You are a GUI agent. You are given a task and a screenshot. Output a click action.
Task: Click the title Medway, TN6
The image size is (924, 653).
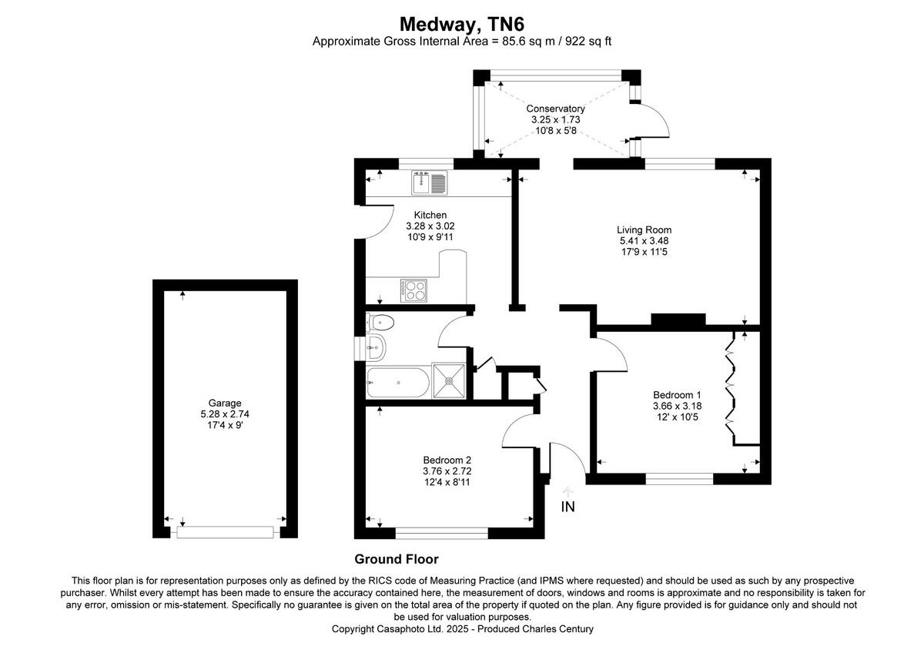tap(461, 24)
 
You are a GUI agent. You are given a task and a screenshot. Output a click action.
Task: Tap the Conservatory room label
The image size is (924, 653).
tap(555, 109)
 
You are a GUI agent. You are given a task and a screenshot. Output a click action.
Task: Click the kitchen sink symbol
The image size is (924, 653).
tap(429, 183)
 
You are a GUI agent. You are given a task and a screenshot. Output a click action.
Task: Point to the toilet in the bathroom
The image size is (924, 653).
tap(381, 322)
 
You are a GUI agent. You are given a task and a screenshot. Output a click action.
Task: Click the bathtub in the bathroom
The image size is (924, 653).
tap(398, 382)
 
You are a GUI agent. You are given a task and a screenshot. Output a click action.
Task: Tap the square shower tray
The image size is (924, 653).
tap(449, 380)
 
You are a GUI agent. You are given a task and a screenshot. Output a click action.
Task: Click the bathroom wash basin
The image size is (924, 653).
tap(376, 348)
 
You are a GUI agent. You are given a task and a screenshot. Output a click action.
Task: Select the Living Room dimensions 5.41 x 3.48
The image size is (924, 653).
tap(644, 241)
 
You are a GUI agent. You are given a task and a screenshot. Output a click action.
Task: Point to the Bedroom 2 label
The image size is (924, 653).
tap(446, 460)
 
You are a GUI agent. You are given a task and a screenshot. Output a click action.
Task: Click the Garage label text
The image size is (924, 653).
tap(225, 403)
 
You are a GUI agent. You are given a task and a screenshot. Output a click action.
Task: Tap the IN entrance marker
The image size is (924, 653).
tap(567, 507)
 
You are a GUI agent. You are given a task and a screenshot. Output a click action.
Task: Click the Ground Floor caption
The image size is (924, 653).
tap(396, 559)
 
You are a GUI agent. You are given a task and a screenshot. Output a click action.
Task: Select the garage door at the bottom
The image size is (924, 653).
tap(225, 532)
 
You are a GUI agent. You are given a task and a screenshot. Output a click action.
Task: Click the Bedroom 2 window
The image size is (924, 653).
tap(441, 532)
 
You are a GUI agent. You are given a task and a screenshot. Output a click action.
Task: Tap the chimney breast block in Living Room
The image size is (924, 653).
tap(678, 320)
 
